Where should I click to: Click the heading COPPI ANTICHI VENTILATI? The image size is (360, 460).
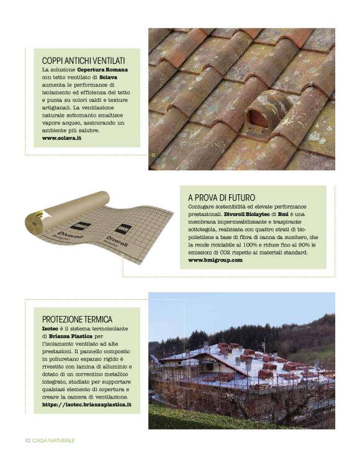[83, 60]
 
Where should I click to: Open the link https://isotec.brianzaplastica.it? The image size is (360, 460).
[86, 404]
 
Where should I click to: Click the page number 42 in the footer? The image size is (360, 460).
[28, 440]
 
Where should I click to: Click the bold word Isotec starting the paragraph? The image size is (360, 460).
[51, 328]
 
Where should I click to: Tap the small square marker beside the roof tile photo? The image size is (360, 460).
[153, 155]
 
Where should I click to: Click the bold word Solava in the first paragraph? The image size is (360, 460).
[108, 78]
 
